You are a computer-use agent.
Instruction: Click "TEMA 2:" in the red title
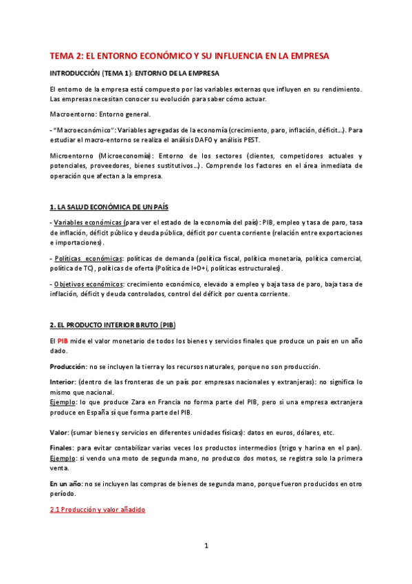[x=69, y=55]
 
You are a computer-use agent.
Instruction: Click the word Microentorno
[x=72, y=156]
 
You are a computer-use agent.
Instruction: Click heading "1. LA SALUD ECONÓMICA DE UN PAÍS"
[x=109, y=207]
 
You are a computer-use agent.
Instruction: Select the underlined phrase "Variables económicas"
[x=88, y=222]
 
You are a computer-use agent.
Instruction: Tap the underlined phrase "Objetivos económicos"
[x=87, y=284]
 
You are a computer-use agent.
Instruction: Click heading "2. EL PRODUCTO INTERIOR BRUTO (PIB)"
[x=118, y=325]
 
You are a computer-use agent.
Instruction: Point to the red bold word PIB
[x=63, y=341]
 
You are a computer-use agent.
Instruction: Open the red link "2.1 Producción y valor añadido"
[x=98, y=510]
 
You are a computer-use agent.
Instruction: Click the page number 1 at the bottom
[x=206, y=546]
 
